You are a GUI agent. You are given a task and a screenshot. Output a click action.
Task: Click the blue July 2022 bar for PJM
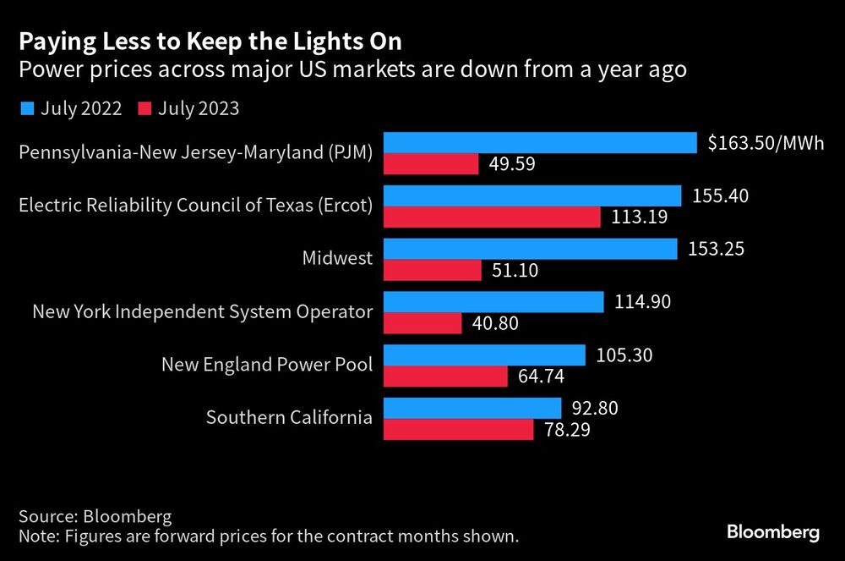coord(540,143)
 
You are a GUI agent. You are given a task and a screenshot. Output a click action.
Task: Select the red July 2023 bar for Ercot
coord(492,217)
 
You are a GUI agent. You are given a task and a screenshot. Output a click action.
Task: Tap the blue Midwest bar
coord(531,249)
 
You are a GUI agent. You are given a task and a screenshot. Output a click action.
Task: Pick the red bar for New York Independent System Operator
coord(422,323)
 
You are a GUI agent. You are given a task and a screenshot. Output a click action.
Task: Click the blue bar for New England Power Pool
coord(484,355)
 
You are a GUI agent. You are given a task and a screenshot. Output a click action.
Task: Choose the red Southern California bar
coord(459,429)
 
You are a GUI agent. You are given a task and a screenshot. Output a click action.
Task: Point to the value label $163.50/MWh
coord(766,143)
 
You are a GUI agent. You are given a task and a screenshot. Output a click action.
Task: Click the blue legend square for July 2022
coord(27,108)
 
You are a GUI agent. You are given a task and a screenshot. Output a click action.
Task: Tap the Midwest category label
coord(337,258)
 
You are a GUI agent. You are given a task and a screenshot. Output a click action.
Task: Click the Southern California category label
coord(289,417)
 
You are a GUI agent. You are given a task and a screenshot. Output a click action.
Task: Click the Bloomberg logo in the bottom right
coord(773,532)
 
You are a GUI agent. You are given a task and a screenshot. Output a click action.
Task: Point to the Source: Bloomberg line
coord(95,516)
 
